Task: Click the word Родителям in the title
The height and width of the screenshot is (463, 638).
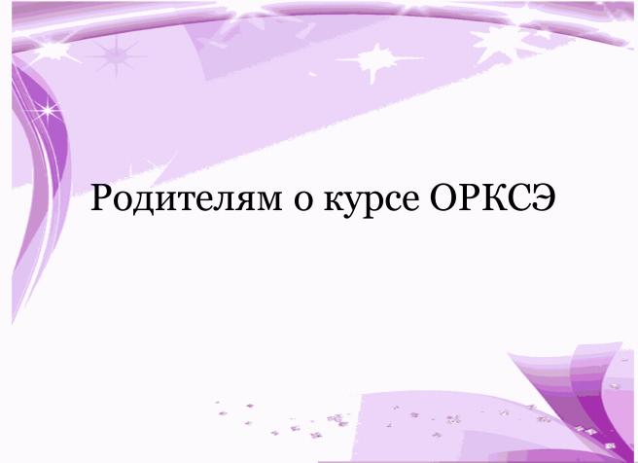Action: point(187,197)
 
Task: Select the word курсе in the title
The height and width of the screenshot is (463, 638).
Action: point(372,202)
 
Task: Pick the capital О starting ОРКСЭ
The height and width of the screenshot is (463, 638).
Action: point(443,197)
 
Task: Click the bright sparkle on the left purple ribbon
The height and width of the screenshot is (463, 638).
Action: point(48,110)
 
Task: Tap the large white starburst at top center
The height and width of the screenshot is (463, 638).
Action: point(377,60)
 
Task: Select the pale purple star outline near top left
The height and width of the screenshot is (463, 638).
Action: point(117,56)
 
